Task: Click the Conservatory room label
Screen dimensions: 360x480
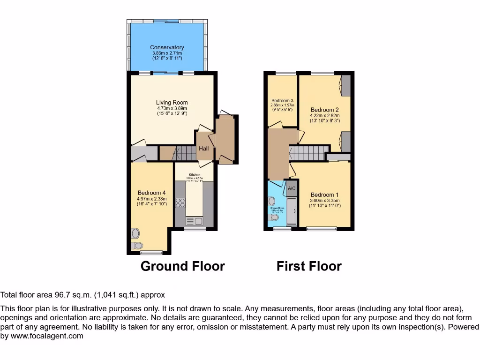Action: coord(167,47)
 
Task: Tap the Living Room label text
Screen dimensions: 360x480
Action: coord(172,103)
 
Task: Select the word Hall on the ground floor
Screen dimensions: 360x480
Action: coord(204,149)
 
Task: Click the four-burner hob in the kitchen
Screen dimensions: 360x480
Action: coord(180,203)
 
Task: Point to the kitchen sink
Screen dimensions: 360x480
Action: coord(195,221)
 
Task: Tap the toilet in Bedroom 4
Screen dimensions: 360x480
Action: coord(138,245)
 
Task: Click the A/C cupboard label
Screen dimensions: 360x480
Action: coord(292,188)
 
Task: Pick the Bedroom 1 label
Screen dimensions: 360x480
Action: coord(324,195)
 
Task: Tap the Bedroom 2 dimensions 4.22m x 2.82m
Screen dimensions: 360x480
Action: coord(324,116)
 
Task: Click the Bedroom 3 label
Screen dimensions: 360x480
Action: coord(282,101)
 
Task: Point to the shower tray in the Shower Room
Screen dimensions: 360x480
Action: coord(291,212)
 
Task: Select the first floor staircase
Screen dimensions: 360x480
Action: coord(307,153)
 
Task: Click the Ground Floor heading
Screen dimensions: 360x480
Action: coord(183,266)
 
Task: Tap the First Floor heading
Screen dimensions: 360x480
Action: coord(309,266)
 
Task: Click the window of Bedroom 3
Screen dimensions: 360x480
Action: coord(283,73)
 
